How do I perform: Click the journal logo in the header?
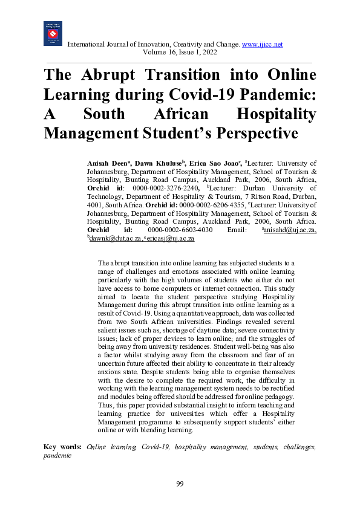point(53,33)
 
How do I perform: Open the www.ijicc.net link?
point(262,44)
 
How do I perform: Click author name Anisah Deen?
point(106,163)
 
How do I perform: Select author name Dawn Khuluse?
point(152,163)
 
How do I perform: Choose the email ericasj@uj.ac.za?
point(174,239)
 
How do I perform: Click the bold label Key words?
point(63,447)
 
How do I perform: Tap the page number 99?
point(180,484)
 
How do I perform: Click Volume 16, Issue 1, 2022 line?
point(180,53)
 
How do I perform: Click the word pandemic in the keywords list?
point(57,455)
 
